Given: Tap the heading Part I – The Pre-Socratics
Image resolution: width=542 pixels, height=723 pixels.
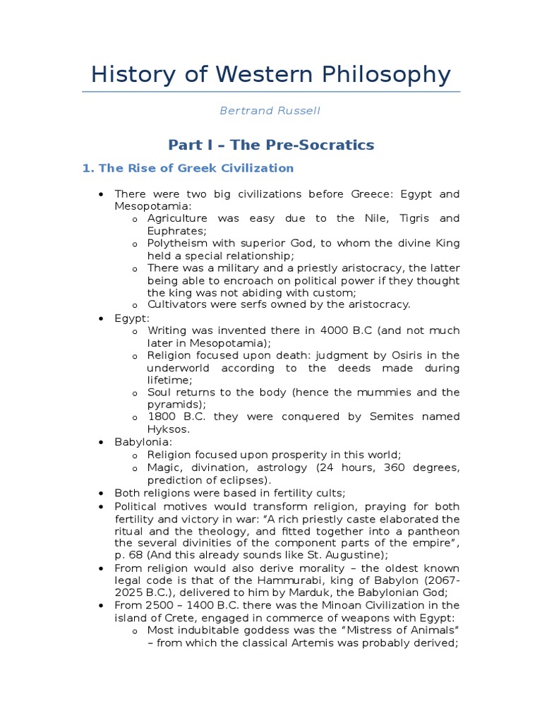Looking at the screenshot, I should point(270,145).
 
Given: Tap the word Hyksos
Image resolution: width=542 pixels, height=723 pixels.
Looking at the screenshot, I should point(167,429).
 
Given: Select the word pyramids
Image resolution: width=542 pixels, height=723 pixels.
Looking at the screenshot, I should point(174,405).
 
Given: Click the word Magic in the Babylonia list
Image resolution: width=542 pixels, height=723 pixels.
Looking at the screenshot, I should point(162,467).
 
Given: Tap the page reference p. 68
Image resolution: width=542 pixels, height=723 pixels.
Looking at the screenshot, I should point(129,556).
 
